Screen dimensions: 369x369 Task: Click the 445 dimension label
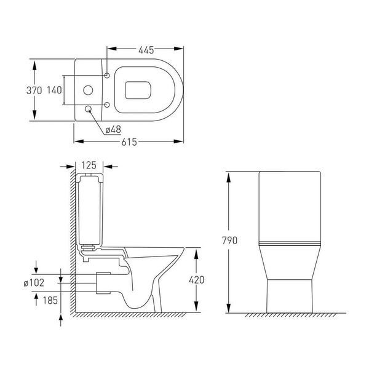(146, 50)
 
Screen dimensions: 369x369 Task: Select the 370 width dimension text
(34, 90)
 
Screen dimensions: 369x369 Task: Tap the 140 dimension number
(54, 90)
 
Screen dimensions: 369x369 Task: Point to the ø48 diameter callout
(113, 129)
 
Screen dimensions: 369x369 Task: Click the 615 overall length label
(129, 142)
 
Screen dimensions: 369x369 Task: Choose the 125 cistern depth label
(89, 165)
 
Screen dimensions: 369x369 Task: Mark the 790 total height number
(229, 240)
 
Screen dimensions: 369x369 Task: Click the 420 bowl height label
(197, 280)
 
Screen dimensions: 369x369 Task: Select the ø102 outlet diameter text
(34, 283)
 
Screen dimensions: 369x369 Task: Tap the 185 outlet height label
(50, 300)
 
